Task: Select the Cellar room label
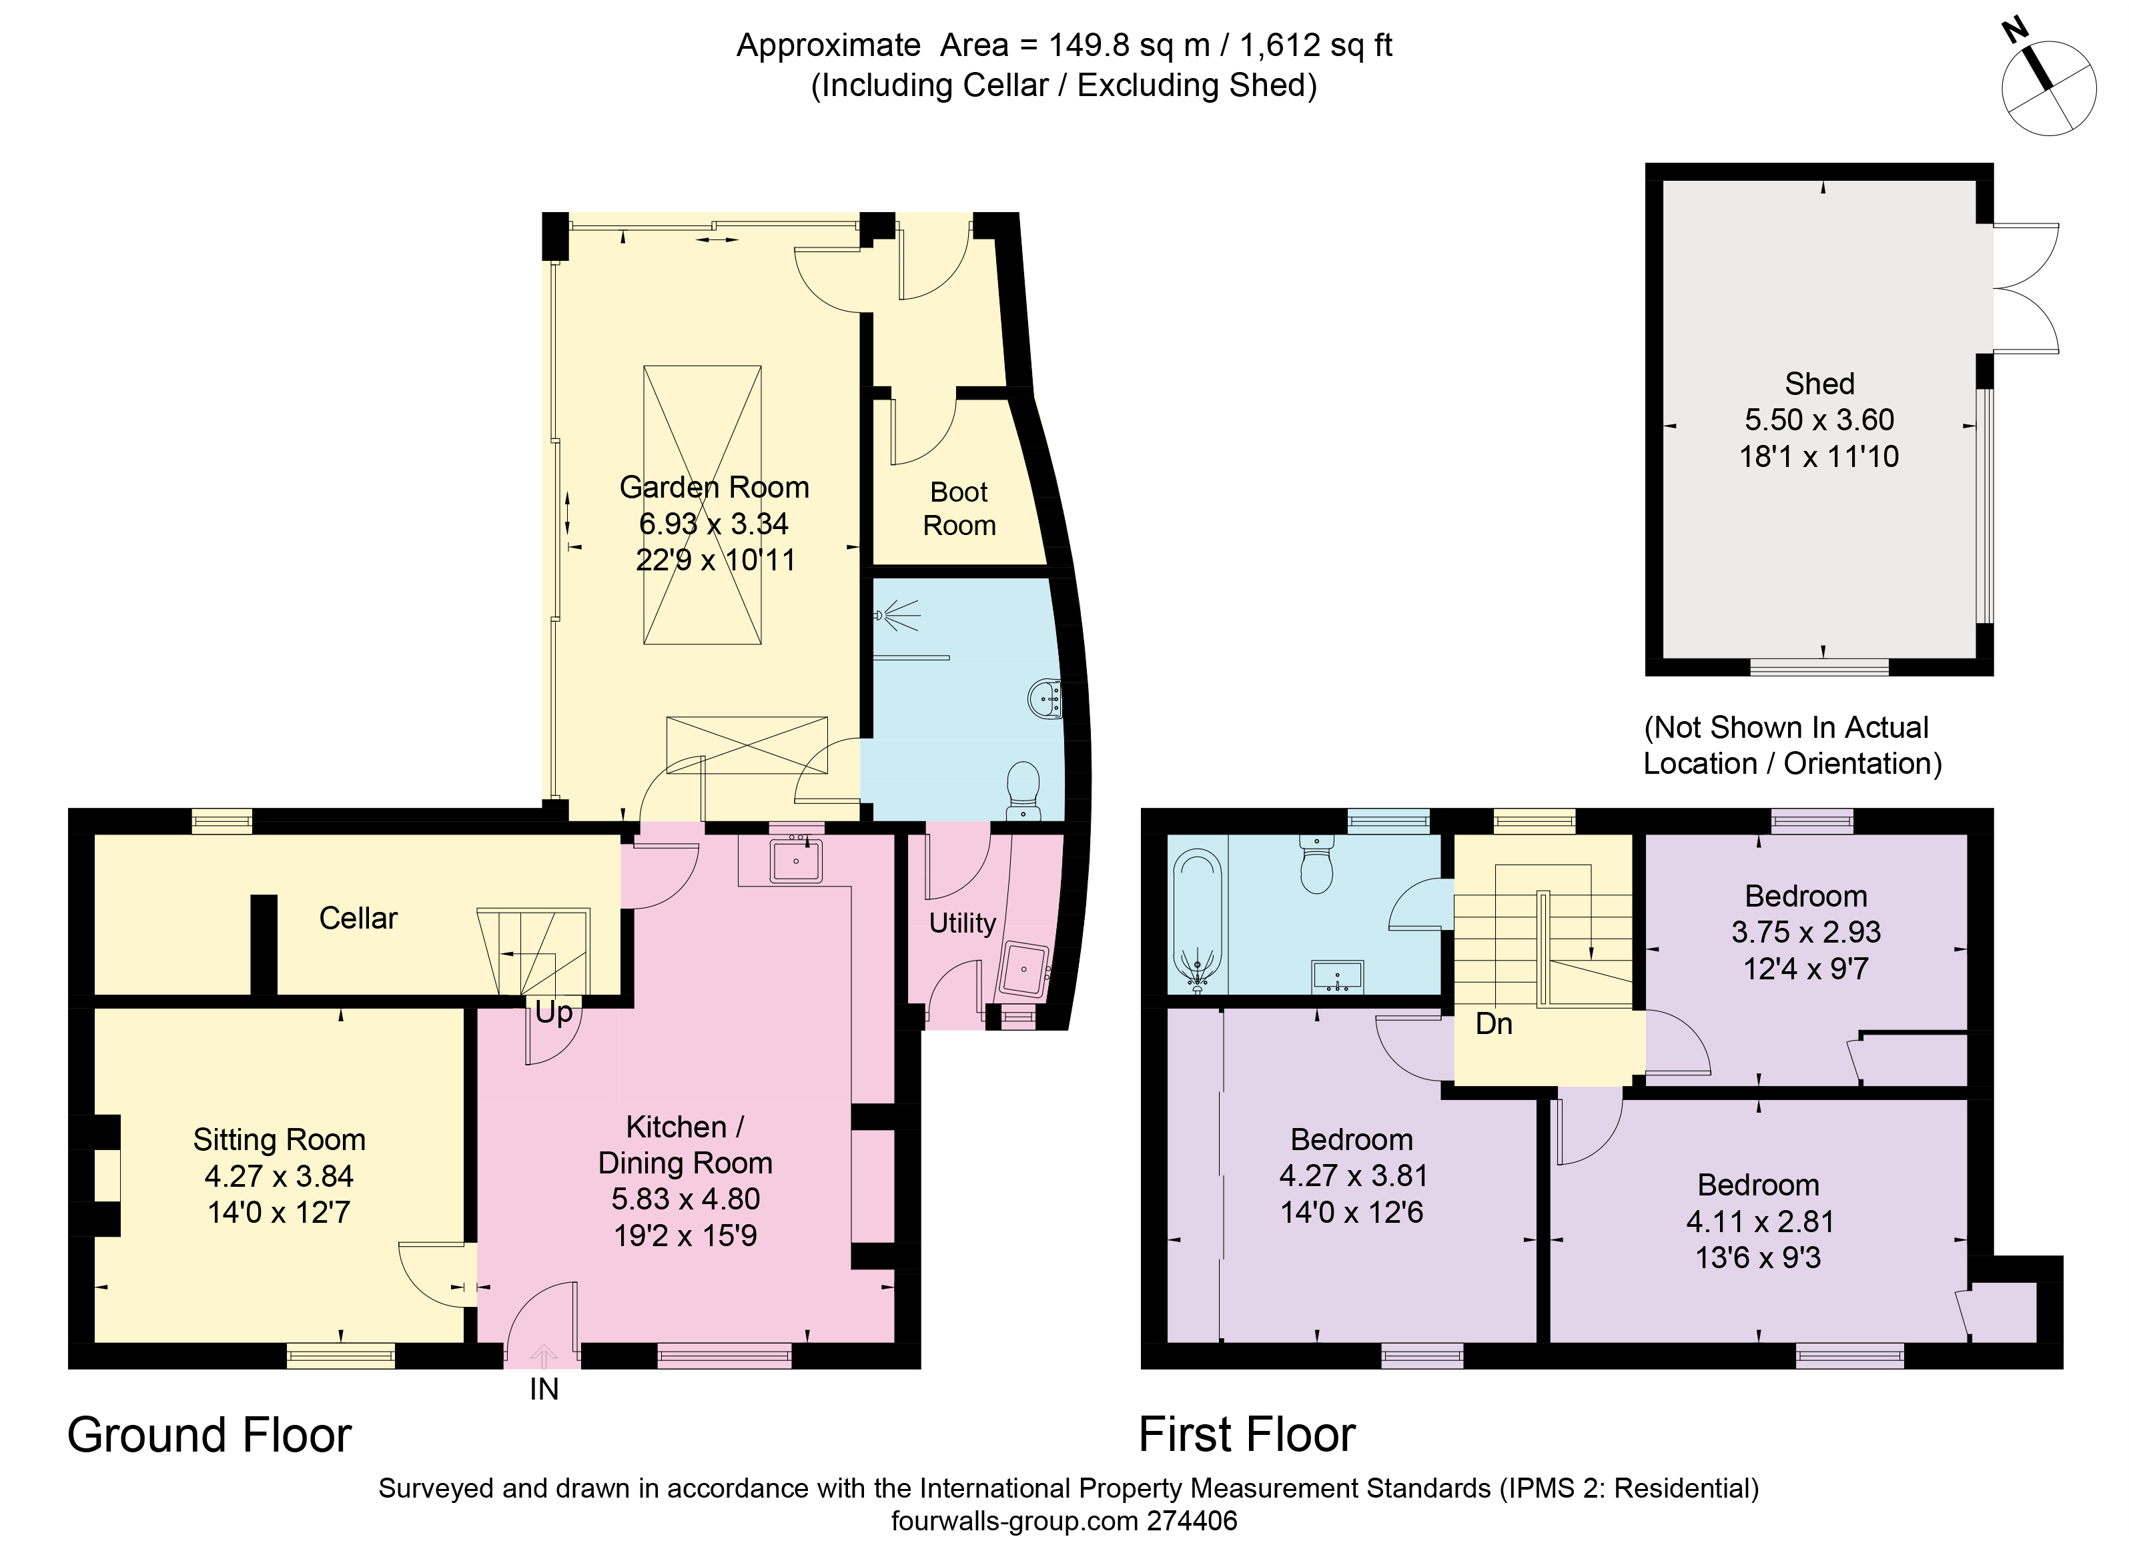pos(358,918)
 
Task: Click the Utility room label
pos(962,924)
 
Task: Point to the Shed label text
pos(1819,384)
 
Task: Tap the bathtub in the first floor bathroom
pos(1197,921)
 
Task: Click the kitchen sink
pos(796,858)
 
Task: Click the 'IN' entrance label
pos(544,1389)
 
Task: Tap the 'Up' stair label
pos(554,1013)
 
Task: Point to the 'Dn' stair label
pos(1495,1024)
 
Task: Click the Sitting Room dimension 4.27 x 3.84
pos(279,1176)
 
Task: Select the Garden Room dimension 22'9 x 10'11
pos(715,560)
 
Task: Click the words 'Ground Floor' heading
pos(209,1435)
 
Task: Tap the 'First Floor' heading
pos(1248,1435)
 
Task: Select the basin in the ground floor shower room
pos(1045,698)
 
